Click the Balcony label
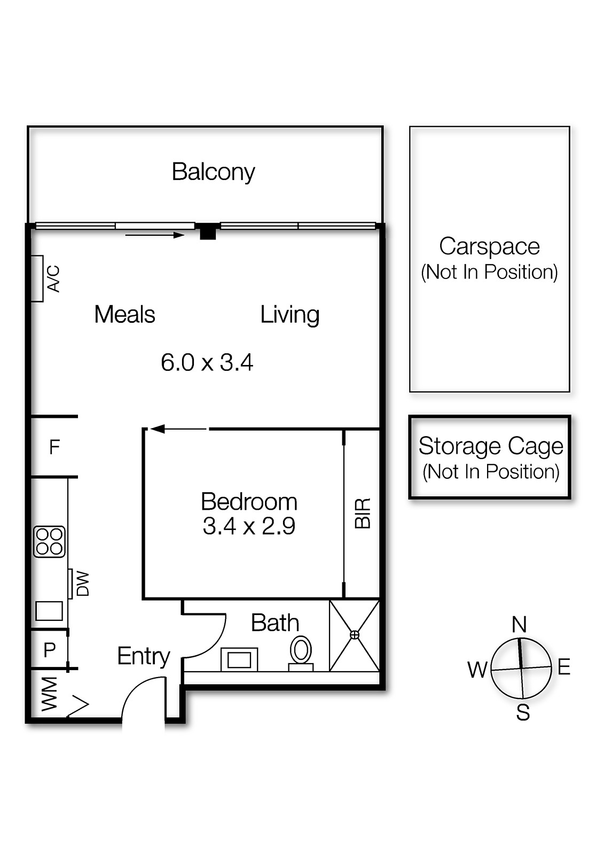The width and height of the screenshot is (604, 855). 213,173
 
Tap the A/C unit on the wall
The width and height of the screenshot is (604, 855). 37,278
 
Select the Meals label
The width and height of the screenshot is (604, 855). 125,315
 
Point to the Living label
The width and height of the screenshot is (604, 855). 289,315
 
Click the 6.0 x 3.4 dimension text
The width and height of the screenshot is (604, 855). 207,362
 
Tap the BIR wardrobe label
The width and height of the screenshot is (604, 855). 363,513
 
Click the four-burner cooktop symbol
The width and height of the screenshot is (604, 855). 49,542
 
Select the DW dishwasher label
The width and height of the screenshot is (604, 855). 82,584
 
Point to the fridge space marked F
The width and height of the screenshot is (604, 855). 54,447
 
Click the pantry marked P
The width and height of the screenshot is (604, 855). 50,650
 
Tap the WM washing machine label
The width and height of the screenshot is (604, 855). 49,695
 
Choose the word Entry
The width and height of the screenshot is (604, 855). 144,657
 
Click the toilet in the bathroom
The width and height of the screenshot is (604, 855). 301,654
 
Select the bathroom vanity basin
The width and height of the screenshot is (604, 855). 239,659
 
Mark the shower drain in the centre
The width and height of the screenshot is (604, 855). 355,635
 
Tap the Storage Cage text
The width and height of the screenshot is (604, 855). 491,446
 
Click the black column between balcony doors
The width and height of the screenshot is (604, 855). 208,231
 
